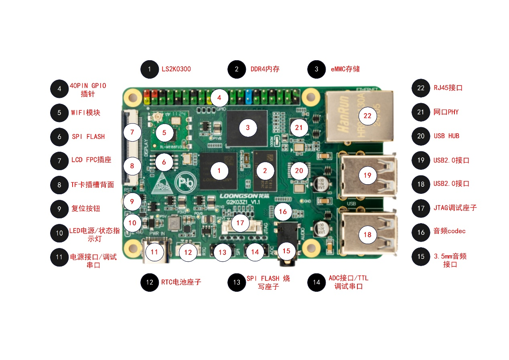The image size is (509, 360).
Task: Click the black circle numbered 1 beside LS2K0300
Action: coord(150,69)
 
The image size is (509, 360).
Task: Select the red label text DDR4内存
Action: coord(265,69)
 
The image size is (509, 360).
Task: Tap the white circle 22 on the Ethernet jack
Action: coord(367,116)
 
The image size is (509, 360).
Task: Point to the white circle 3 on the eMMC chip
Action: coord(247,128)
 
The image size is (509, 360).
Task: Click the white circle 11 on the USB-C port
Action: coord(154,252)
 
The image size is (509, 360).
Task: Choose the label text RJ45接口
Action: coord(448,88)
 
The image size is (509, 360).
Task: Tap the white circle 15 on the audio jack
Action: coord(286,250)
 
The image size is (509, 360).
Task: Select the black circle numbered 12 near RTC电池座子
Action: coord(150,282)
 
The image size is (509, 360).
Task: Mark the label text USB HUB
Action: coord(446,136)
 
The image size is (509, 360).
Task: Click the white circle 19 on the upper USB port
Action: coord(367,175)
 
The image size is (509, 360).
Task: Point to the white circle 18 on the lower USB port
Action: coord(367,235)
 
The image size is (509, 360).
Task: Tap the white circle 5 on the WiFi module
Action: coord(164,132)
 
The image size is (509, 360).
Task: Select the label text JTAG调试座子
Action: coord(455,208)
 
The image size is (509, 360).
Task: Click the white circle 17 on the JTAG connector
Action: coord(240,223)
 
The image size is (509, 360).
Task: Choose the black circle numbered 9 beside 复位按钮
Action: coord(59,209)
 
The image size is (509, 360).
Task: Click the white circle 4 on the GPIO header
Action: coord(219,98)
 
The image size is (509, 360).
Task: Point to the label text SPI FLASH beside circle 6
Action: coord(88,136)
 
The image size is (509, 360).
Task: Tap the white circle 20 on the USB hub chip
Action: coord(299,171)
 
